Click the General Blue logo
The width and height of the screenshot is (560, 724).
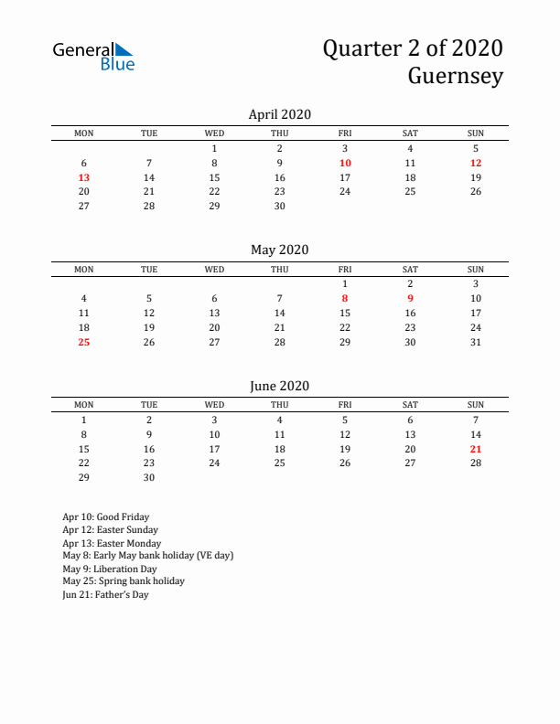[x=93, y=56]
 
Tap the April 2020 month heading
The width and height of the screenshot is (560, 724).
[x=280, y=114]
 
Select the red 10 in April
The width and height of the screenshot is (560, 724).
[x=345, y=163]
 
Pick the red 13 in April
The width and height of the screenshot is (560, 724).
[x=84, y=177]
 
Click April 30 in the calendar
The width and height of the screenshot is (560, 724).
[x=280, y=206]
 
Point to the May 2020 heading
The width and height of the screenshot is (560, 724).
[x=280, y=250]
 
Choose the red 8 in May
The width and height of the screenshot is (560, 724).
[x=345, y=298]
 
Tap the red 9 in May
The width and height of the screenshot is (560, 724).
[x=410, y=298]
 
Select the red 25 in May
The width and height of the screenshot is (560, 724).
[x=84, y=342]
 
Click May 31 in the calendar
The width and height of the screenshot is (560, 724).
[x=476, y=342]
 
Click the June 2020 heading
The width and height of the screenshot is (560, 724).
[x=280, y=386]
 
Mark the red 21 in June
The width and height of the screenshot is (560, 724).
[x=476, y=449]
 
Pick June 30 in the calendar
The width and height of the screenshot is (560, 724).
[x=149, y=477]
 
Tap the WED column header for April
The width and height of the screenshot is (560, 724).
[x=214, y=133]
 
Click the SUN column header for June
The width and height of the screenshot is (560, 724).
[x=476, y=405]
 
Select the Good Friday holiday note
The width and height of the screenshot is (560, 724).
[x=106, y=516]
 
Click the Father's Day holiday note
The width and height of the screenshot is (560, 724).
[x=105, y=594]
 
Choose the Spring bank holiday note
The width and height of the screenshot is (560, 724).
[x=124, y=580]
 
